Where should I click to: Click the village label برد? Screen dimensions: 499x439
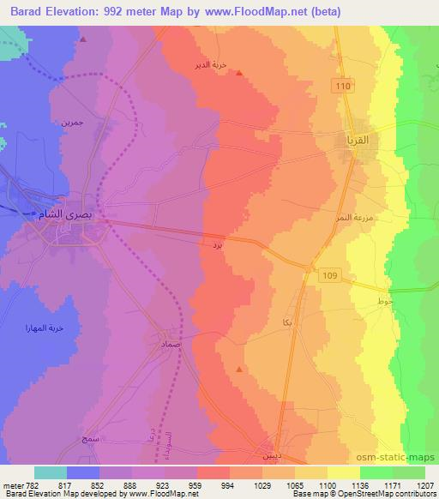coord(218,245)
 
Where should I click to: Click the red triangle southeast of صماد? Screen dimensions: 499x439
coord(238,369)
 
